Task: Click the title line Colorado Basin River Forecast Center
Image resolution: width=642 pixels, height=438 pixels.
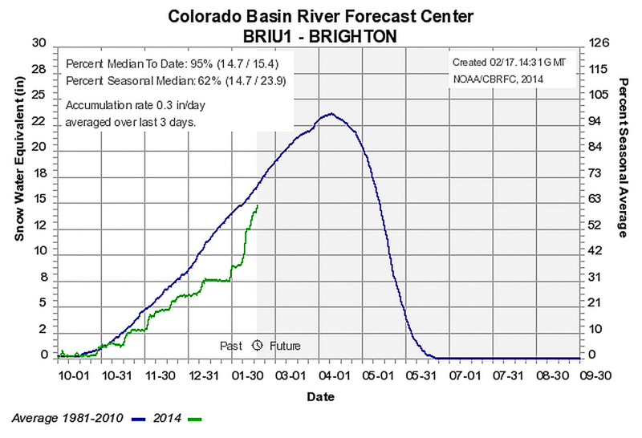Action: (x=320, y=15)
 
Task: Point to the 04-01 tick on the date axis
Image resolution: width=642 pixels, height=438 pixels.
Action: (x=331, y=375)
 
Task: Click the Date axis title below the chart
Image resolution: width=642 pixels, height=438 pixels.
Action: (x=320, y=396)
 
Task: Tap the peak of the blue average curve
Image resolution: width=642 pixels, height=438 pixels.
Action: (x=331, y=113)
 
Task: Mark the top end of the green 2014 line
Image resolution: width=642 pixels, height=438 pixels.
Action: (x=258, y=205)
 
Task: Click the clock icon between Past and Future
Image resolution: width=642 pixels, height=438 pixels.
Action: (x=258, y=346)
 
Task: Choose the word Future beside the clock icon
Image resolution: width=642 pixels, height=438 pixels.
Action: (x=284, y=346)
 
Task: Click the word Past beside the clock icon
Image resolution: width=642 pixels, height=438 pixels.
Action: (x=231, y=346)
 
